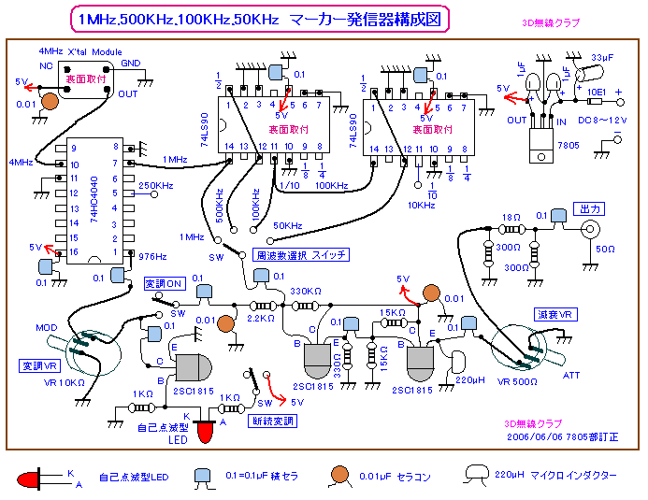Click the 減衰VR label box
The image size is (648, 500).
coord(551,314)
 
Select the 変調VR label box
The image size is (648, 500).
coord(39,365)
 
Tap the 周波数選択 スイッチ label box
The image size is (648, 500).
coord(301,254)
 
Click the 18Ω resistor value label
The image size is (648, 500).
coord(511,217)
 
